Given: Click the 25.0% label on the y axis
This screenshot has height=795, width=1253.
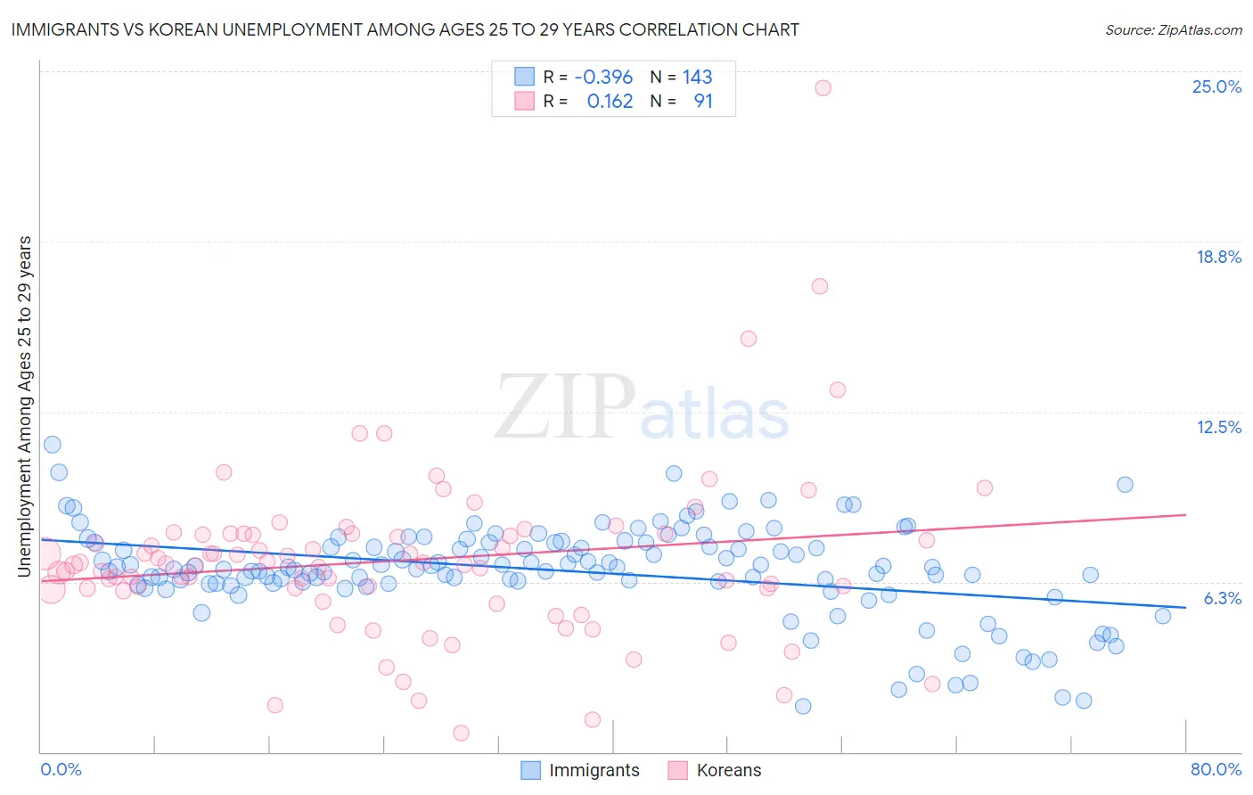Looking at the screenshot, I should click(1216, 86).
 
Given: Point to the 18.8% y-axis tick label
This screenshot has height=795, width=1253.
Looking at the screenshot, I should click(1218, 257).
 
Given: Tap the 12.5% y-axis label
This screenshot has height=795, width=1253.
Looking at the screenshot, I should click(1218, 427).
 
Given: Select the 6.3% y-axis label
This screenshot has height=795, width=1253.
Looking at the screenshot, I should click(1222, 598).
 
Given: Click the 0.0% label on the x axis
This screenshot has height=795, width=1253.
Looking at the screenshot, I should click(61, 769).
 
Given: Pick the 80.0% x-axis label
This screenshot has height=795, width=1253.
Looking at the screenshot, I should click(1216, 769).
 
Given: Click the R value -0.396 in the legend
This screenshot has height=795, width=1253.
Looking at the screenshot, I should click(603, 78).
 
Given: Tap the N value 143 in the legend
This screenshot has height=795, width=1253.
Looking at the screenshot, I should click(697, 78).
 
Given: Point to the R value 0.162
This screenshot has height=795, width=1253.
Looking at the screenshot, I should click(610, 102).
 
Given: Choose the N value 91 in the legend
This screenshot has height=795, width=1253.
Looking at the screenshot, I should click(703, 102).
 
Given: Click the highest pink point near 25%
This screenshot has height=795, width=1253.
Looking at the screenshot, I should click(823, 87).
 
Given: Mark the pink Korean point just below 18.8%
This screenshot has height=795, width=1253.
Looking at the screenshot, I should click(820, 286).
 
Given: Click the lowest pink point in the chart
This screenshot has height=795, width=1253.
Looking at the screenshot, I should click(461, 733).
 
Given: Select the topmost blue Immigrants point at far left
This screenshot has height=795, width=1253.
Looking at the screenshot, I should click(53, 445).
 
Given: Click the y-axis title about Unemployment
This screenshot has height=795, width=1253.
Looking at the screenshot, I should click(25, 406).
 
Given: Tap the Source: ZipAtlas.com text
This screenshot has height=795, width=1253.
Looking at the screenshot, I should click(1173, 30).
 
